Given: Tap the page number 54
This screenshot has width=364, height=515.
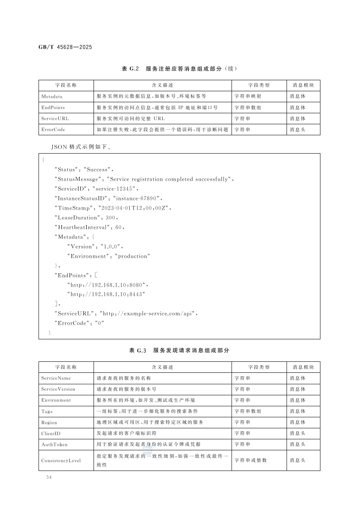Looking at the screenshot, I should [49, 478].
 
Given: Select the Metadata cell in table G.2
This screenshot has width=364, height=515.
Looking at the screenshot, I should [52, 97].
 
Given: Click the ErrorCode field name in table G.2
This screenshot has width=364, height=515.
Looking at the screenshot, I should [53, 130].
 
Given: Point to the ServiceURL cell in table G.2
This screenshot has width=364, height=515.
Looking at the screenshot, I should [55, 119].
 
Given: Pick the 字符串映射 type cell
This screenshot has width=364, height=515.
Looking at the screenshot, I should [248, 97].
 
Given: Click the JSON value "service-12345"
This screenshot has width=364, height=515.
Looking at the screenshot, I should [115, 188].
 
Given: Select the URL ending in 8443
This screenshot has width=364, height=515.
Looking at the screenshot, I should [106, 294].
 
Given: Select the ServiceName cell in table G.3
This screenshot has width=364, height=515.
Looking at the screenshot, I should [56, 378].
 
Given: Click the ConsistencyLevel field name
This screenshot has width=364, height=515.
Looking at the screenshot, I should [61, 460].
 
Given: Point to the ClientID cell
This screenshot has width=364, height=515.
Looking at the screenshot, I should [51, 433].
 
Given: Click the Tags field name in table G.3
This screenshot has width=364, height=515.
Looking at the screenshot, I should [47, 412].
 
